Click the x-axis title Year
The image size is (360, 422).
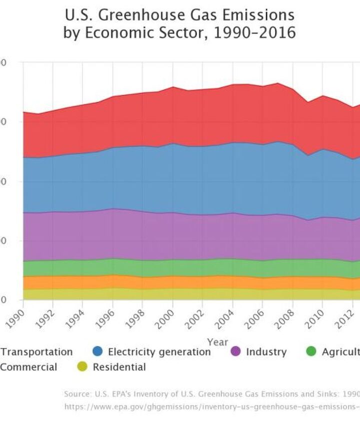(x=217, y=343)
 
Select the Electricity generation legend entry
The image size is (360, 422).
(x=159, y=352)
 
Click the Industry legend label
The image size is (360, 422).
(x=266, y=352)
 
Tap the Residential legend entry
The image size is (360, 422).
(x=119, y=367)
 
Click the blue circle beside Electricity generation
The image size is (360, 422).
(x=98, y=352)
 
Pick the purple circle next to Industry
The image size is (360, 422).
(x=236, y=352)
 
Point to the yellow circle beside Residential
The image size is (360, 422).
(x=82, y=367)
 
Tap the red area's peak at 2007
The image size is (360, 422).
(x=278, y=83)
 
